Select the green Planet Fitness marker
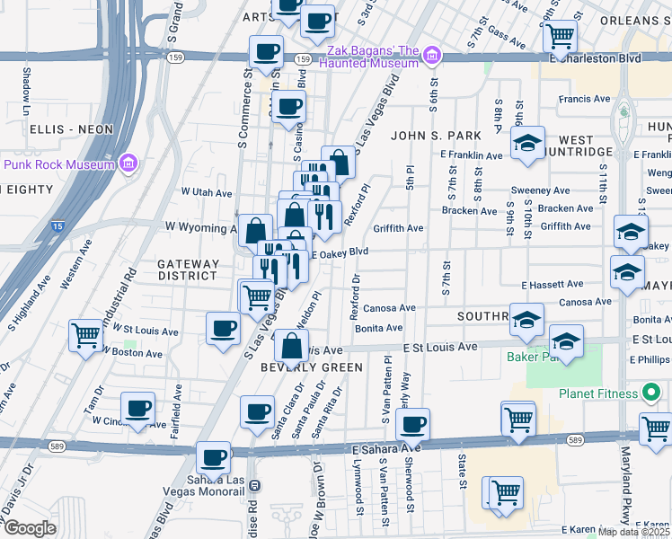(x=652, y=393)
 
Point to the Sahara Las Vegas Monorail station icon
(x=254, y=485)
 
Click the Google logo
(x=30, y=528)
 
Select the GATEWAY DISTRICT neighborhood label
(x=188, y=269)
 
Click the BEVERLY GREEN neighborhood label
(x=311, y=367)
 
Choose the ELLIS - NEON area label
(x=72, y=129)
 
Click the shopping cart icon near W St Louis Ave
(x=85, y=336)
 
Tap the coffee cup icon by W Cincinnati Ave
(x=137, y=410)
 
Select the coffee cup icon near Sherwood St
(x=412, y=423)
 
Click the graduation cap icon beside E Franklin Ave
(x=528, y=143)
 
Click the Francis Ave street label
(x=584, y=99)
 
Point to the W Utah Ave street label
(x=207, y=192)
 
